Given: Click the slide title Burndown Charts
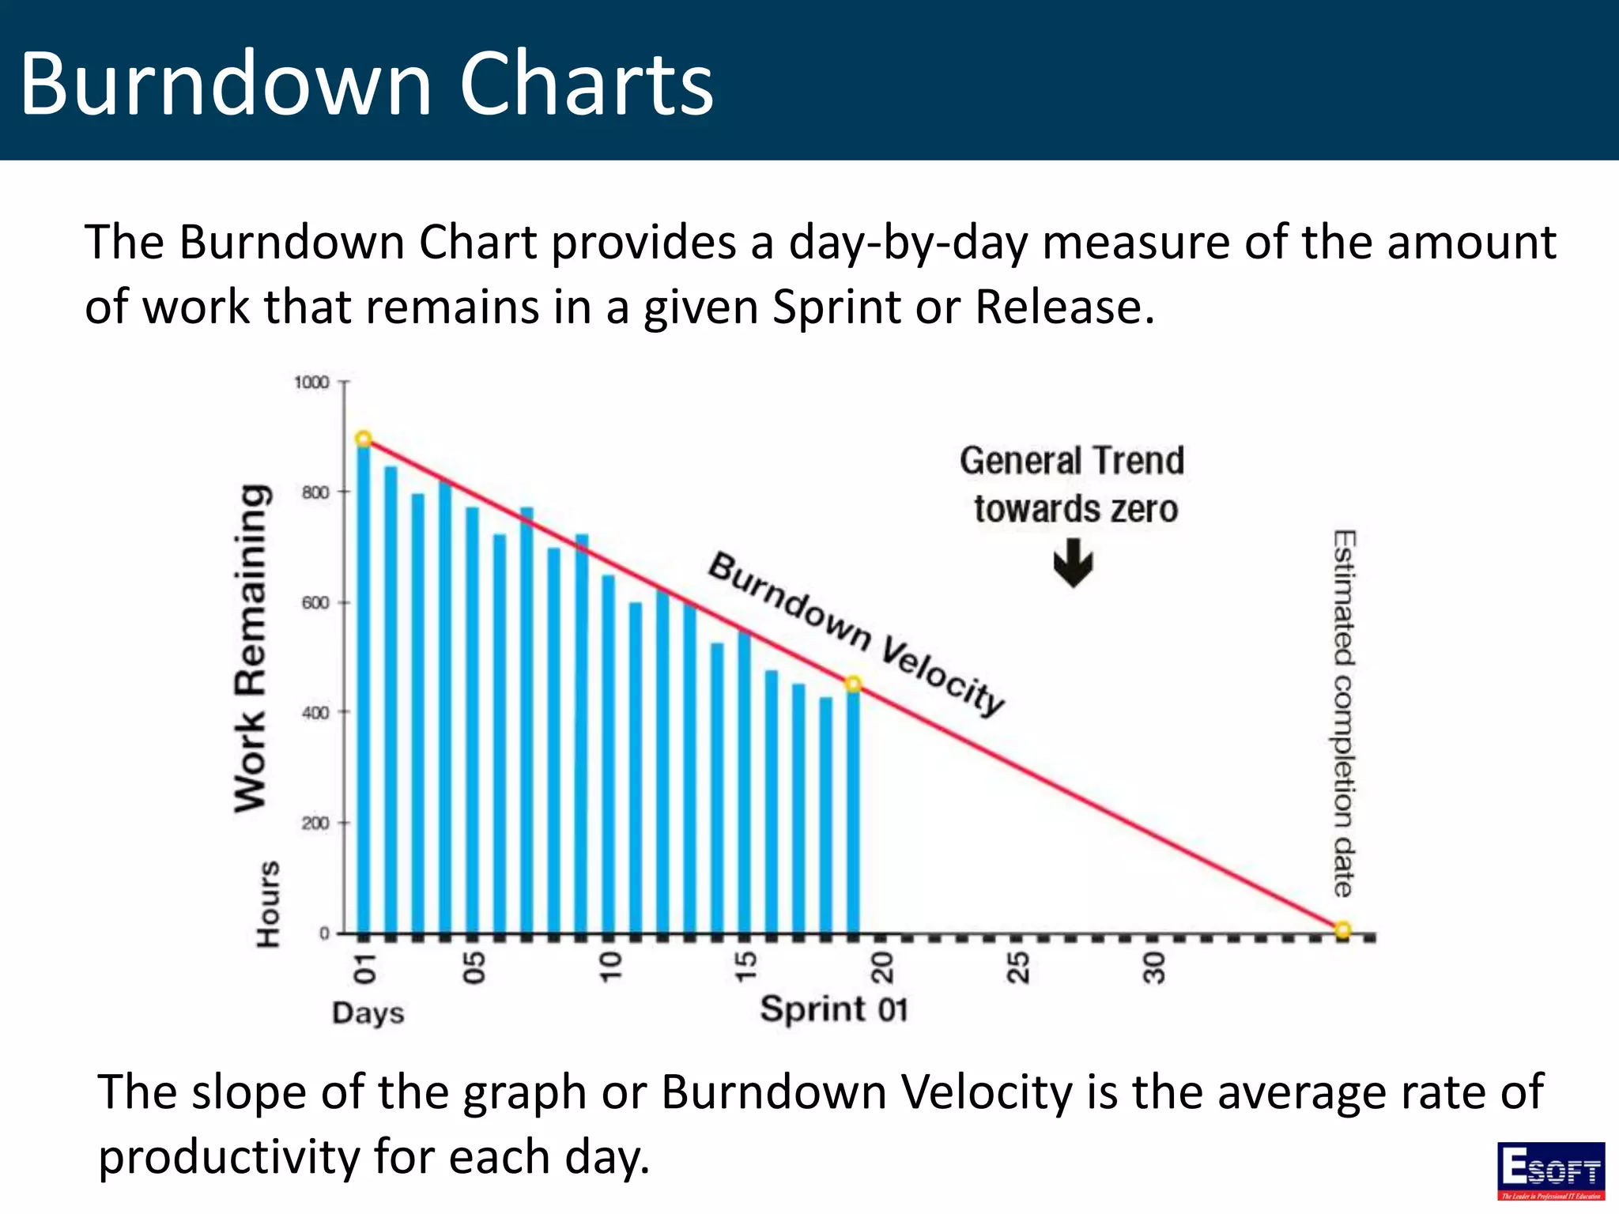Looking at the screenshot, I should coord(366,83).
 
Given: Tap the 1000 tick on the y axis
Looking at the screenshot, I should coord(311,383).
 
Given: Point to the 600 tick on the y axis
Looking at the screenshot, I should coord(315,603).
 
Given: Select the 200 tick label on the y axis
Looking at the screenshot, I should coord(315,824).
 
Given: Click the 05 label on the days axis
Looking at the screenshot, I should coord(474,967).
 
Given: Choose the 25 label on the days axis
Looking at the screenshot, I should coord(1018,967).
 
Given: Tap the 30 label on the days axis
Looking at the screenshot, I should coord(1154,967).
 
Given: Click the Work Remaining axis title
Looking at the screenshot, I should coord(251,648).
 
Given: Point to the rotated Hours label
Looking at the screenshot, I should coord(269,904).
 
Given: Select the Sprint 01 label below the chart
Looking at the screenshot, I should coord(834,1009).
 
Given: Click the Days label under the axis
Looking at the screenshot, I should coord(368,1013).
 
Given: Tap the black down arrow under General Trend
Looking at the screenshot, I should coord(1073,563).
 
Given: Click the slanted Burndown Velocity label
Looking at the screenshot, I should coord(855,633).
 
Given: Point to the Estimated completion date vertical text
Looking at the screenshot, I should coord(1344,713).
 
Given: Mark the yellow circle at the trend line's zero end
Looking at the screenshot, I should coord(1342,929).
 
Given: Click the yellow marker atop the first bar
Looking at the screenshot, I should coord(364,439).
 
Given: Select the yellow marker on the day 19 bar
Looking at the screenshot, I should coord(853,684).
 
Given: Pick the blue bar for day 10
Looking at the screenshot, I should coord(608,751).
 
